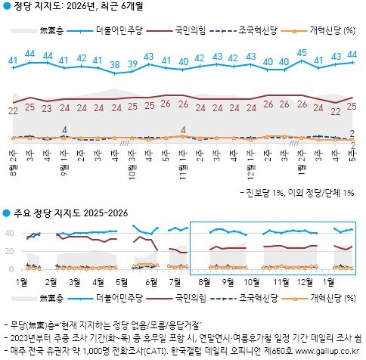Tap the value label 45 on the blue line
[x=302, y=53]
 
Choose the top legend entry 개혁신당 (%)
[x=330, y=30]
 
